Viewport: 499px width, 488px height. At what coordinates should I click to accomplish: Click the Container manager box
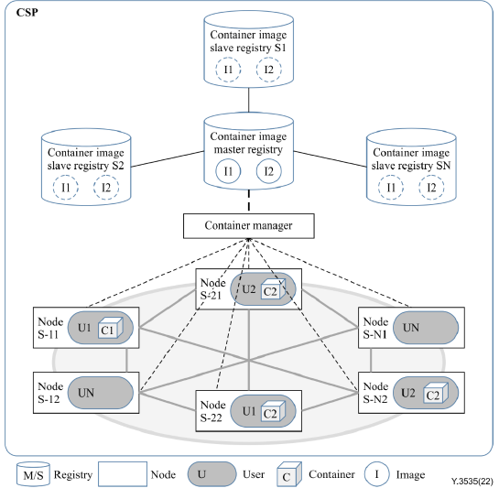tap(248, 226)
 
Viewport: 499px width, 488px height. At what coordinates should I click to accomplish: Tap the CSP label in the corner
tap(27, 13)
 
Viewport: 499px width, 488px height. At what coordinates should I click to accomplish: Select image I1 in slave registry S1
tap(228, 70)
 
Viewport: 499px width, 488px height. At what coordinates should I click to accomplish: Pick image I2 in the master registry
tap(269, 171)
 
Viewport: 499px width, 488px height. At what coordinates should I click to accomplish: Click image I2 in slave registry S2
tap(106, 188)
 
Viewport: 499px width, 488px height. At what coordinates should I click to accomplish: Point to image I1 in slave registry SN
tap(391, 188)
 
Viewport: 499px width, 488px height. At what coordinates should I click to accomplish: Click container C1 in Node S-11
tap(111, 328)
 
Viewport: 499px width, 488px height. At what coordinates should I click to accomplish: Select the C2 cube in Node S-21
tap(274, 289)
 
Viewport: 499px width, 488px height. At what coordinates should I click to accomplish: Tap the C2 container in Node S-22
tap(274, 411)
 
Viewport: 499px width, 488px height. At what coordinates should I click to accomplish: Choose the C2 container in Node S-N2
tap(436, 393)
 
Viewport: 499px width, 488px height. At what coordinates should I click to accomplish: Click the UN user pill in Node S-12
tap(101, 393)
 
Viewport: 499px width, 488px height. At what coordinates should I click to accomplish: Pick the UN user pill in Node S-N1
tap(426, 328)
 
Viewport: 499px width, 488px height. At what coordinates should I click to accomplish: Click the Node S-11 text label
tap(50, 328)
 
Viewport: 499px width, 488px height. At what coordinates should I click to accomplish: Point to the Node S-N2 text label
tap(375, 393)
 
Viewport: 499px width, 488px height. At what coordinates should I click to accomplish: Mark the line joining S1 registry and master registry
tap(248, 100)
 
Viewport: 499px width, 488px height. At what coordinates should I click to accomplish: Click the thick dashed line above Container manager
tap(248, 201)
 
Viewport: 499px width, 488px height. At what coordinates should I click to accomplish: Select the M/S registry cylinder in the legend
tap(33, 474)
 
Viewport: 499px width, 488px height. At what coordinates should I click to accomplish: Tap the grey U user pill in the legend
tap(212, 474)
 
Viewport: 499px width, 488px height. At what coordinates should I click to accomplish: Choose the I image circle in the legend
tap(377, 474)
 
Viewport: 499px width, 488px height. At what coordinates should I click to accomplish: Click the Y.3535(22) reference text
tap(472, 481)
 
